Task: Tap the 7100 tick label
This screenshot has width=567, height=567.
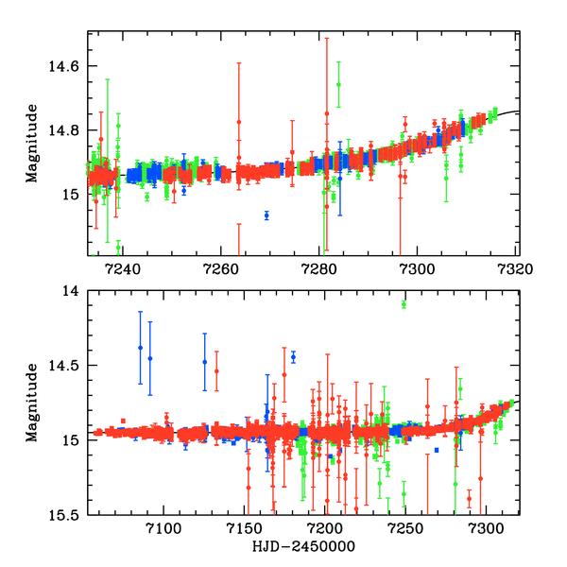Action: click(163, 529)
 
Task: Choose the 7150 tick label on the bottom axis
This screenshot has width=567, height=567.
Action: click(245, 529)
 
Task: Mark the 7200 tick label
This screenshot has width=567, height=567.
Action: click(325, 529)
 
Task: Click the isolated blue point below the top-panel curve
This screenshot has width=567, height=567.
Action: click(266, 215)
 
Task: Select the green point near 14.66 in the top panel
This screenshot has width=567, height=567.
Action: click(338, 85)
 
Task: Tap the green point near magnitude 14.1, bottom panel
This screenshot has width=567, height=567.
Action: click(404, 303)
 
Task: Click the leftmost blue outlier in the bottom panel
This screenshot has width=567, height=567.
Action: click(140, 348)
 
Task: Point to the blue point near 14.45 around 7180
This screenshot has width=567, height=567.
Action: click(293, 356)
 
